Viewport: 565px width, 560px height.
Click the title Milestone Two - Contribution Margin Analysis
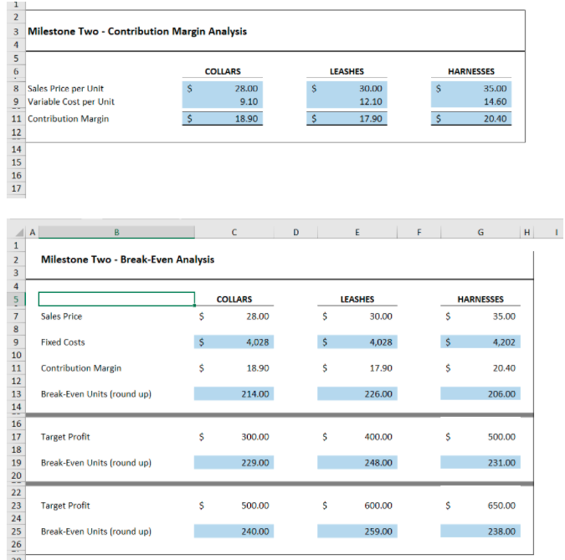pyautogui.click(x=137, y=32)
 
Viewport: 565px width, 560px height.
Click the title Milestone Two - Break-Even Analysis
pyautogui.click(x=127, y=259)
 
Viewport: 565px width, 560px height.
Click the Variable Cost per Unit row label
pyautogui.click(x=71, y=102)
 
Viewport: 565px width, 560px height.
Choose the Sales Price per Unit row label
pyautogui.click(x=66, y=88)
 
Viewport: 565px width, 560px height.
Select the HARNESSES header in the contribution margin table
pyautogui.click(x=471, y=72)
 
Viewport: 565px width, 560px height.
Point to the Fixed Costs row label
pyautogui.click(x=63, y=342)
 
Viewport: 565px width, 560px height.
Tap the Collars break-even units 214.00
pyautogui.click(x=255, y=393)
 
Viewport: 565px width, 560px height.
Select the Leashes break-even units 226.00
pyautogui.click(x=379, y=393)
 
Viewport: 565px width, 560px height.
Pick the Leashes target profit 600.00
pyautogui.click(x=379, y=506)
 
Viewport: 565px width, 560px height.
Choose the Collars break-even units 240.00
pyautogui.click(x=255, y=532)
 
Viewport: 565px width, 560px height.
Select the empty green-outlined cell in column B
pyautogui.click(x=116, y=299)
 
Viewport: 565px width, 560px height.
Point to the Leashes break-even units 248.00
pyautogui.click(x=379, y=462)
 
